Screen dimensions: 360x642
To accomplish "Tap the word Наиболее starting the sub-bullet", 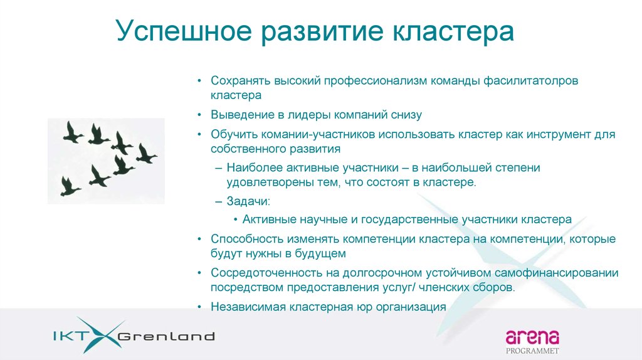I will point(253,169).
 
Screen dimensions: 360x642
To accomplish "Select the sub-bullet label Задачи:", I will point(249,201).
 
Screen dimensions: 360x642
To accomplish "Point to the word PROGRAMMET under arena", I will point(532,351).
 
